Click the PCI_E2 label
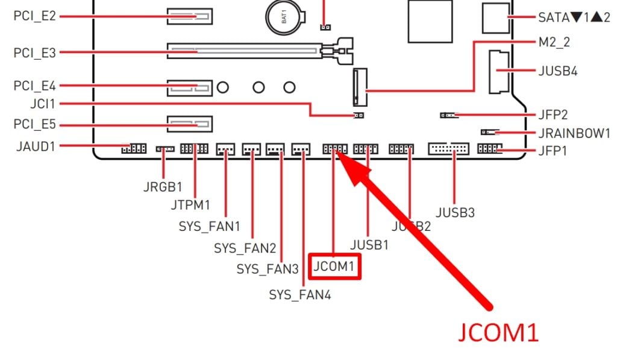point(34,16)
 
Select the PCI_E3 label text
point(34,53)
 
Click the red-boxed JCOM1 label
point(334,266)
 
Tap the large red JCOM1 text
point(498,332)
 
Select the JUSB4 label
point(557,71)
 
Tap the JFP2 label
point(551,115)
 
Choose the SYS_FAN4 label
point(299,295)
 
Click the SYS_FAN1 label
point(209,227)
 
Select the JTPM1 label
point(190,205)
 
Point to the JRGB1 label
point(163,186)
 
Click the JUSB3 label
point(455,212)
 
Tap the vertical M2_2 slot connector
point(360,85)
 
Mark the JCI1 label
point(42,104)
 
